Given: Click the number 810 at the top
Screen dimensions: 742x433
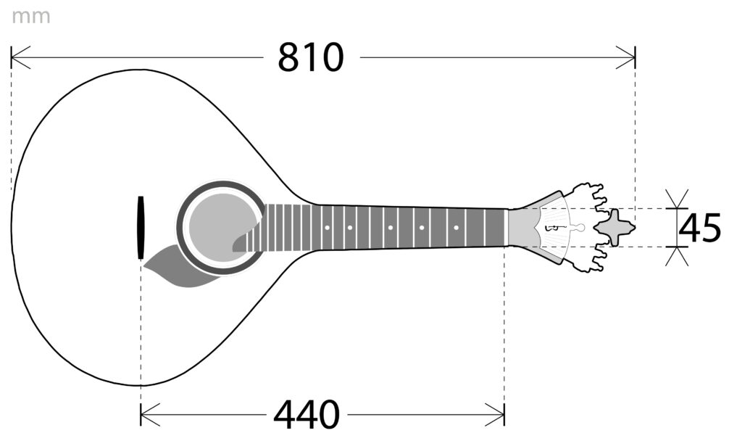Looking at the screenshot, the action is coord(310,58).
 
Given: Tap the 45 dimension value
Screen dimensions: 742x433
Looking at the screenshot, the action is coord(700,228).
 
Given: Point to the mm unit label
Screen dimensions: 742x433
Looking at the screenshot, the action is coord(30,17).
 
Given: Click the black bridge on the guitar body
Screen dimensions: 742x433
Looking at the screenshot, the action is coord(141,228).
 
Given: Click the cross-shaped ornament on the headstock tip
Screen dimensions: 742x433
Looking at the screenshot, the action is coord(614,228).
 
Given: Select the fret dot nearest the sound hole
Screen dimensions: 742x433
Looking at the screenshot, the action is coord(327,228).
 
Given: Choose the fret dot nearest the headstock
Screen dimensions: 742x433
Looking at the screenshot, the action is coord(457,228).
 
